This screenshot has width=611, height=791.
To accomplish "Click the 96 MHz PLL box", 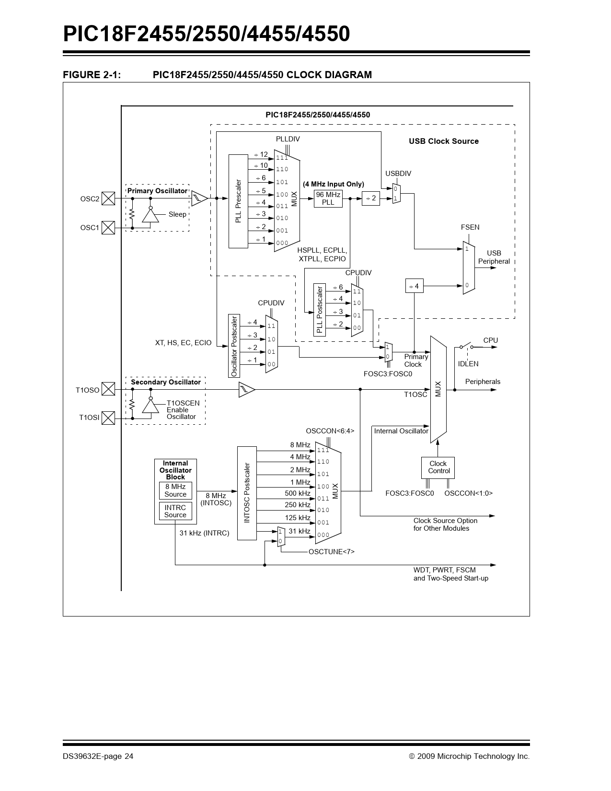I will (328, 198).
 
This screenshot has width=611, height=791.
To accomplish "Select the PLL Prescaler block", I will (238, 201).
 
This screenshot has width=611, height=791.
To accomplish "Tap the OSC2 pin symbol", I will (109, 198).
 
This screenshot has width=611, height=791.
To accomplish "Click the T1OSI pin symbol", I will (109, 418).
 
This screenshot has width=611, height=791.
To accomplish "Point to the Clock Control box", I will (438, 467).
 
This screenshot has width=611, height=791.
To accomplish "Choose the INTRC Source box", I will (175, 511).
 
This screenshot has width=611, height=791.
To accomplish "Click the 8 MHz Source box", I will (175, 490).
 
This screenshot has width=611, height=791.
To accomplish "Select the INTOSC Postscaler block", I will (247, 493).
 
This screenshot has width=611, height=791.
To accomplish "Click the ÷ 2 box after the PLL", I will (370, 198).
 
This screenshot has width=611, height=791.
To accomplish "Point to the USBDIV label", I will (398, 174).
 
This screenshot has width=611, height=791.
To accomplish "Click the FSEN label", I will (470, 227).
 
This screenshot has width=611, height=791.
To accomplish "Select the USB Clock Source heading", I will (443, 141).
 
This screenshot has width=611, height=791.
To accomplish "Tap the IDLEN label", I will (468, 364).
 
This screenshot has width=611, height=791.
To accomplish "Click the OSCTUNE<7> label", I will (332, 552).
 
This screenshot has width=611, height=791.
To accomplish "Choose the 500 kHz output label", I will (298, 493).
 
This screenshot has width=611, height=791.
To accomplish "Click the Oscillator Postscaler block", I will (234, 346).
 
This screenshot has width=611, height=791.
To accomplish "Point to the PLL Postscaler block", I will (320, 310).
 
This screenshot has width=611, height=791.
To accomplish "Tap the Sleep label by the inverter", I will (177, 214).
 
